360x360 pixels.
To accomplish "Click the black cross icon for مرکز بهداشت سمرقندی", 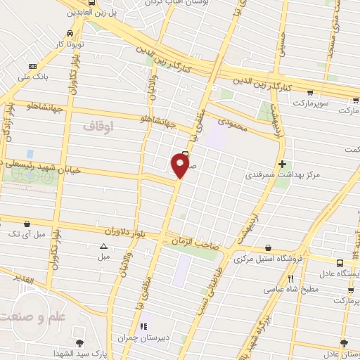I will click(x=301, y=164).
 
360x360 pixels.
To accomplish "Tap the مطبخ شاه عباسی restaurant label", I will click(x=291, y=288).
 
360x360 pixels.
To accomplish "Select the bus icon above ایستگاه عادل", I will click(x=338, y=262).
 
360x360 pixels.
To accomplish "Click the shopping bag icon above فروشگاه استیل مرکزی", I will click(x=269, y=247).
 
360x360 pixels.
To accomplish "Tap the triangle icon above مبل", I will click(x=104, y=246).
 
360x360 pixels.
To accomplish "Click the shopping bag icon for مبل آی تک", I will click(x=26, y=223).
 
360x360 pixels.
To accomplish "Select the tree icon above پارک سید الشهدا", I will click(x=79, y=343).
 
